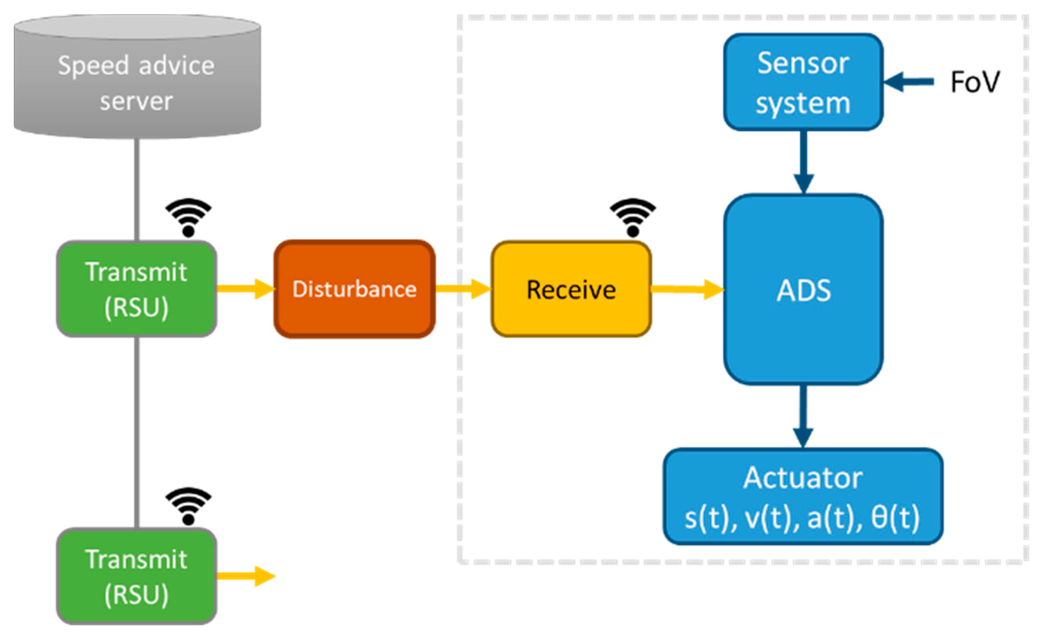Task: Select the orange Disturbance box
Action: coord(354,289)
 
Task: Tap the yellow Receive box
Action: coord(571,289)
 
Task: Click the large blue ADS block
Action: coord(803,289)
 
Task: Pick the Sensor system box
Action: coord(803,82)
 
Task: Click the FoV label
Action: coord(974,82)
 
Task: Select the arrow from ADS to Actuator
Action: coord(803,416)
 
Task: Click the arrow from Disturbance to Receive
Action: coord(463,289)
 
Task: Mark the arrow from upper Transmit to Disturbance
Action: coord(245,289)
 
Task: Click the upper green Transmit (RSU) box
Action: coord(137,289)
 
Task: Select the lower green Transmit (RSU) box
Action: coord(137,576)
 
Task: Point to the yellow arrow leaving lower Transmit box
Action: coord(245,576)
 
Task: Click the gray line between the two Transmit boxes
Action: coord(137,433)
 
